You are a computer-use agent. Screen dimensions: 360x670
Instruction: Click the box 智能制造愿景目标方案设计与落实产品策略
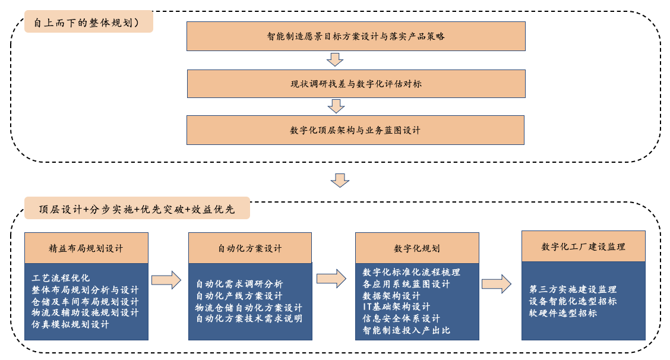tap(356, 36)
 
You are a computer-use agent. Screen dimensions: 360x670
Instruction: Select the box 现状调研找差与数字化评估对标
tap(356, 84)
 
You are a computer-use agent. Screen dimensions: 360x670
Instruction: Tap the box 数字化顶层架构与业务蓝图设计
tap(355, 130)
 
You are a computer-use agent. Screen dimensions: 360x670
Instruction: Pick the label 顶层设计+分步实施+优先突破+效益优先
tap(137, 209)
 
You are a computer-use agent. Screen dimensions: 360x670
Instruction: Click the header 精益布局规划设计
tap(86, 248)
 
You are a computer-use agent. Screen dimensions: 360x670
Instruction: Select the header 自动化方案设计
tap(250, 248)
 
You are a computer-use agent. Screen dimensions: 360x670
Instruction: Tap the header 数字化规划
tap(417, 248)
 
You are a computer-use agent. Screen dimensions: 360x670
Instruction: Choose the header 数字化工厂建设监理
tap(583, 247)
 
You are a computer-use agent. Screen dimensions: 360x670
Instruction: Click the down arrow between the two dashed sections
tap(340, 180)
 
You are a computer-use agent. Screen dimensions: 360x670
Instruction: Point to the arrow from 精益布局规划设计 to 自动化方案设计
tap(166, 280)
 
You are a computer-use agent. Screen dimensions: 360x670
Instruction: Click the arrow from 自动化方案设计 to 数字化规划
tap(331, 279)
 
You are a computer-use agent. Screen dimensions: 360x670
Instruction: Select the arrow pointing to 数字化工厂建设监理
tap(497, 283)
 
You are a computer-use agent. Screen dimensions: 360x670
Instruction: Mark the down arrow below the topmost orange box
tap(336, 59)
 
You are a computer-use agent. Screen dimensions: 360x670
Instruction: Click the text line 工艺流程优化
tap(61, 278)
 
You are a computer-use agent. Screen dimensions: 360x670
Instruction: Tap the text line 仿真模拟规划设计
tap(71, 324)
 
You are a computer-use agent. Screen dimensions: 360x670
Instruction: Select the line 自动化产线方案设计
tap(239, 296)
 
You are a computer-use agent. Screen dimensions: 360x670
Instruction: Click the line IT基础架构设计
tap(396, 307)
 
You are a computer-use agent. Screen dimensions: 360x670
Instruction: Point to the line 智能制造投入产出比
tap(406, 330)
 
